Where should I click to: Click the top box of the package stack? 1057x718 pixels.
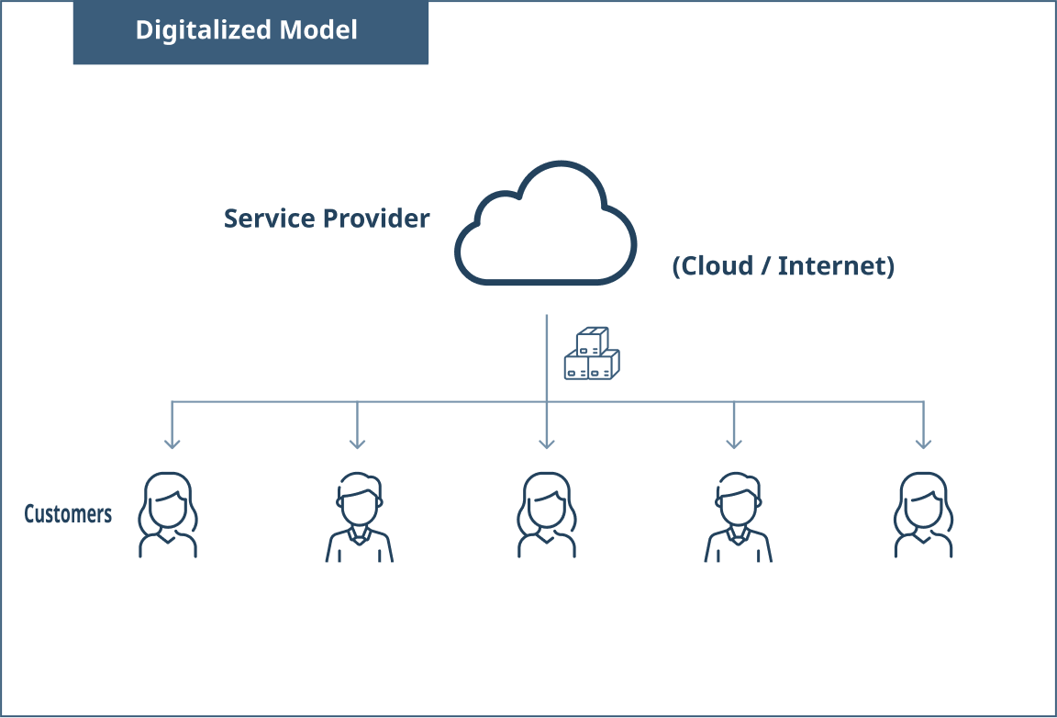coord(593,339)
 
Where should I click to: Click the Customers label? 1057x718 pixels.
coord(68,514)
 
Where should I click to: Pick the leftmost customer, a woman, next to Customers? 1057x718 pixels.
coord(168,515)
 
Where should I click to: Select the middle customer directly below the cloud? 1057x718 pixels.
coord(547,515)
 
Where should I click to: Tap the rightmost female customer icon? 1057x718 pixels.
coord(923,515)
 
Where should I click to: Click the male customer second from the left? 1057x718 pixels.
coord(359,517)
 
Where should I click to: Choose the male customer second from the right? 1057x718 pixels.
coord(738,517)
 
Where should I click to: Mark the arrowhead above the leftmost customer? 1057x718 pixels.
coord(172,443)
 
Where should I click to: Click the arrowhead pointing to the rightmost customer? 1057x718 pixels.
coord(924,443)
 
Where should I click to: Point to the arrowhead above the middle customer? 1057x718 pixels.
coord(547,443)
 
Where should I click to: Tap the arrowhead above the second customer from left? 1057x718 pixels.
coord(357,443)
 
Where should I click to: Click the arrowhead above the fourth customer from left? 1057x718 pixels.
coord(733,443)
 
